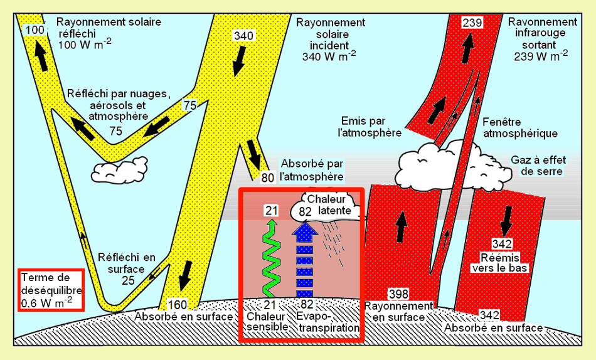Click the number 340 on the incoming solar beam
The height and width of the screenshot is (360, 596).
point(243,36)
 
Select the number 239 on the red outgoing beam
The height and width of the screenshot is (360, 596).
point(472,23)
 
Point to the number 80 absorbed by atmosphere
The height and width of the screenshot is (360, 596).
point(268,177)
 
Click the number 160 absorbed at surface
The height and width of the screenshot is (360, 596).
point(178,305)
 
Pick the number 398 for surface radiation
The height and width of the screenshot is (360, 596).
point(399,294)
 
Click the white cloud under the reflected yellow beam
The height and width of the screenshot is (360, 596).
point(117,170)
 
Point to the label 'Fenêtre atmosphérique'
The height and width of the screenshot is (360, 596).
point(520,127)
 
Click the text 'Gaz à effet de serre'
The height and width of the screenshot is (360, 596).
point(537,166)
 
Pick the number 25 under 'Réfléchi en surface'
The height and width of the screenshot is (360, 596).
point(128,280)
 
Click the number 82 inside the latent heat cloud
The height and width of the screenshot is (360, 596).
point(305,211)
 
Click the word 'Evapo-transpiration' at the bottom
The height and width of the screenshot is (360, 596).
point(328,322)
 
